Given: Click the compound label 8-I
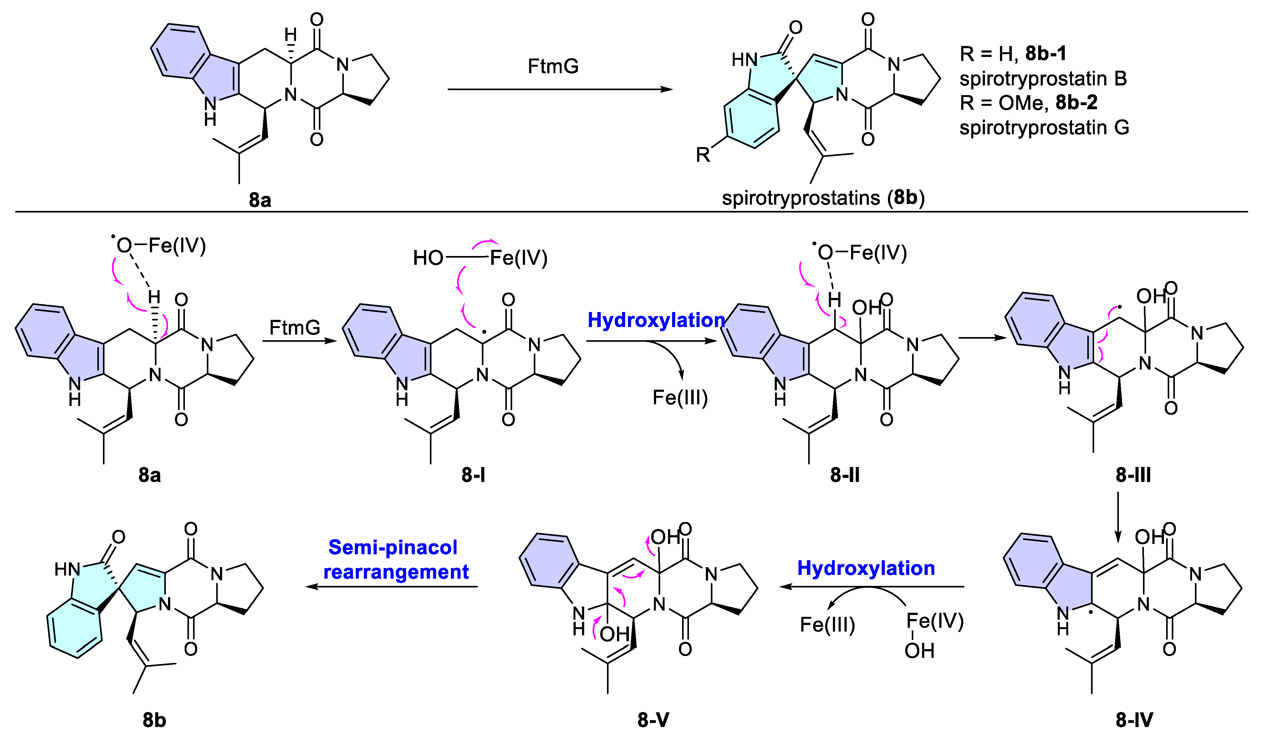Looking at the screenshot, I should [473, 475].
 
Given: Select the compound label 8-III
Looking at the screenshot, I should [1133, 475].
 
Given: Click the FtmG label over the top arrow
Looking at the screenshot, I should [553, 66].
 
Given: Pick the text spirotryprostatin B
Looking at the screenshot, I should [1043, 79].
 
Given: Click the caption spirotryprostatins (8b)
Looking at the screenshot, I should [823, 197].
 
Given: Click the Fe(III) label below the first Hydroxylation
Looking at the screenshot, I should [680, 397].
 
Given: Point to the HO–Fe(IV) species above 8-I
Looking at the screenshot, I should [480, 258].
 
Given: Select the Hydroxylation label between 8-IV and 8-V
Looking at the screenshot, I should [866, 568].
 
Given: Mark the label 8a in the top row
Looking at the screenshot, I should [260, 200].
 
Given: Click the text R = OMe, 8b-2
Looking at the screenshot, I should [1028, 103].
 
